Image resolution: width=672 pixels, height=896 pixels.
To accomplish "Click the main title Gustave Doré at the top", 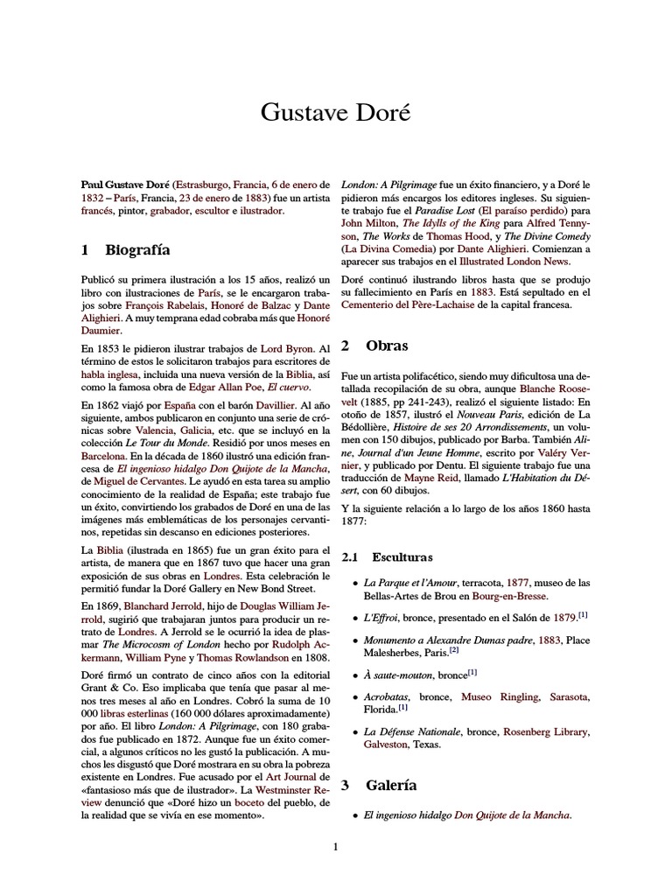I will pyautogui.click(x=336, y=114).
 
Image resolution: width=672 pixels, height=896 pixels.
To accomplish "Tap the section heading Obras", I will pyautogui.click(x=387, y=346).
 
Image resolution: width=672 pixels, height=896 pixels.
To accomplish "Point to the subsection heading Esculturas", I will pyautogui.click(x=402, y=556).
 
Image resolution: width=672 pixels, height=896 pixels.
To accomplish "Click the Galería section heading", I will pyautogui.click(x=391, y=785).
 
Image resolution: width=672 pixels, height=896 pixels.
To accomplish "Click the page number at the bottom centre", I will pyautogui.click(x=336, y=846).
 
